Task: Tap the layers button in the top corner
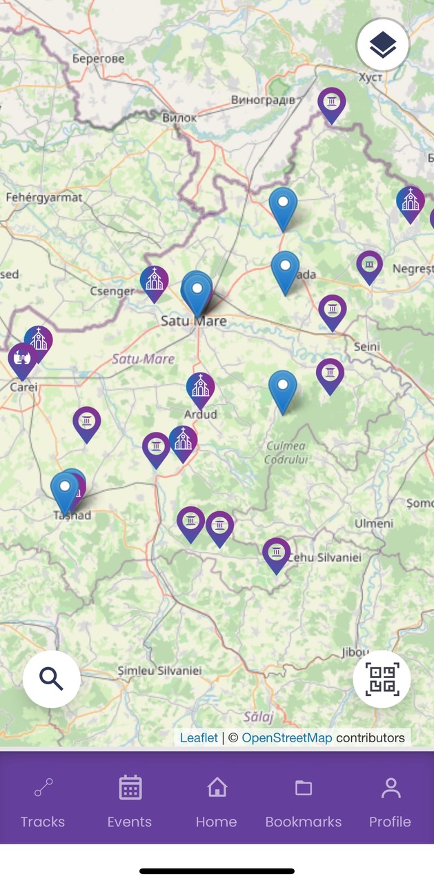click(x=383, y=46)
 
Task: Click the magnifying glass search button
click(x=52, y=679)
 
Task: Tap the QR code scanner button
click(x=382, y=679)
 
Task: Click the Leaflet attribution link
click(x=199, y=738)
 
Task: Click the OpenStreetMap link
click(x=287, y=738)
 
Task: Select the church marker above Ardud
click(x=201, y=388)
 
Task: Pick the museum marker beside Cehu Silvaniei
click(x=277, y=553)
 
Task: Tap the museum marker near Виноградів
click(x=332, y=103)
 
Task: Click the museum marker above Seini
click(x=333, y=310)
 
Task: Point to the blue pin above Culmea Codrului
click(x=283, y=390)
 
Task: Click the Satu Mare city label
click(x=193, y=321)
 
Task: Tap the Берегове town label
click(x=99, y=59)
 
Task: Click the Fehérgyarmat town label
click(x=44, y=197)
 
